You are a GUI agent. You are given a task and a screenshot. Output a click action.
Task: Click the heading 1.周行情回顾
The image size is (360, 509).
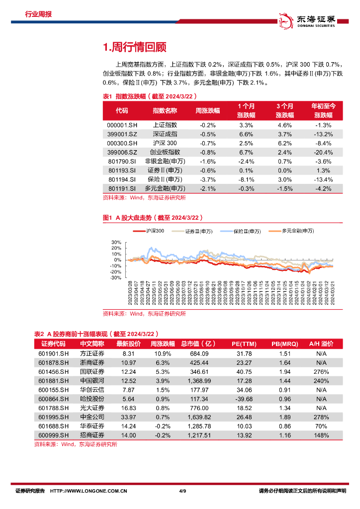[x=134, y=47]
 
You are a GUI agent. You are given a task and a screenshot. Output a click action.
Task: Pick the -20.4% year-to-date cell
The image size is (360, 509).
[x=323, y=152]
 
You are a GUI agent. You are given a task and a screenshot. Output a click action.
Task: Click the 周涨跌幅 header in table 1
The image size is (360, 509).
[x=207, y=110]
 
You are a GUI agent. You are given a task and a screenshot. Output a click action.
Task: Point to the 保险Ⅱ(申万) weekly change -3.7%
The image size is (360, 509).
[x=207, y=179]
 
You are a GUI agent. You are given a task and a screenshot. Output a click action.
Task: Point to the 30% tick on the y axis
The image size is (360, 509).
[x=117, y=242]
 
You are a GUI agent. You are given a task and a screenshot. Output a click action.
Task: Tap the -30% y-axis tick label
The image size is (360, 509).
[x=116, y=278]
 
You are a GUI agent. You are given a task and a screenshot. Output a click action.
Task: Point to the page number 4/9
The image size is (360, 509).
[x=182, y=491]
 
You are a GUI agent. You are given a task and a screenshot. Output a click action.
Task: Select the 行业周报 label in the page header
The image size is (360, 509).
[x=38, y=14]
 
